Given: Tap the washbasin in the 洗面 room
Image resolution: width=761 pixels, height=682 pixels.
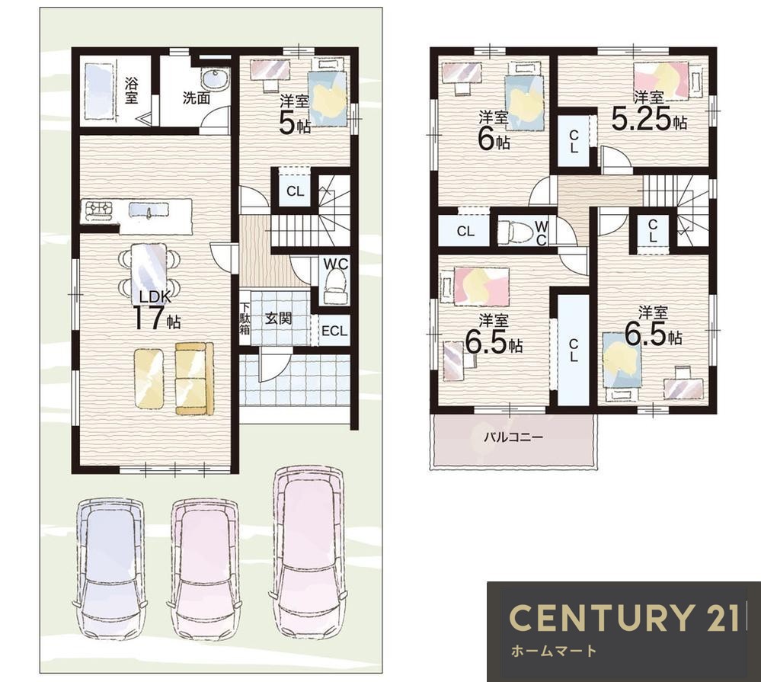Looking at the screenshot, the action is (x=215, y=79).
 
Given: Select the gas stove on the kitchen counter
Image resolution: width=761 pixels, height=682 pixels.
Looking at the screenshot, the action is (x=99, y=210).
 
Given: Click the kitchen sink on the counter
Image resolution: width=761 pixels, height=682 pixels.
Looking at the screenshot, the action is (x=149, y=210).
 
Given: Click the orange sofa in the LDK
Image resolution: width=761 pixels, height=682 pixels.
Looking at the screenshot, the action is (x=194, y=379).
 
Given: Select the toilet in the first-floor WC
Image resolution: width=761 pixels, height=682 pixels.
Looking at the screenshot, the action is (x=336, y=284).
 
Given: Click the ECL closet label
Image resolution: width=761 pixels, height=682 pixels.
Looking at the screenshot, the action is (x=334, y=331).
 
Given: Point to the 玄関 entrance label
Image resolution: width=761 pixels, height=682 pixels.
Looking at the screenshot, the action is (x=279, y=319).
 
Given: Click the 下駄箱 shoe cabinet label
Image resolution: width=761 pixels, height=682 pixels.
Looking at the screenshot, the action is (x=245, y=319).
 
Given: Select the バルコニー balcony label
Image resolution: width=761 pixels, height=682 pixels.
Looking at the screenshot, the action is (x=513, y=437).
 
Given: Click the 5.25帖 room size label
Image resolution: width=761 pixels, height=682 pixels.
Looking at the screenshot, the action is (x=649, y=120).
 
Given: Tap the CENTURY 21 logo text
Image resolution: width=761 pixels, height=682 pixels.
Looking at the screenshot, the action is (x=625, y=618).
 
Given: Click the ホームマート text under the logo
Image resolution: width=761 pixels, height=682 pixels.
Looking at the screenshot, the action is (x=554, y=651).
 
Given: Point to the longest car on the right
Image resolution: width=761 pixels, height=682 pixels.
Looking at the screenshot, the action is (x=309, y=551).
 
